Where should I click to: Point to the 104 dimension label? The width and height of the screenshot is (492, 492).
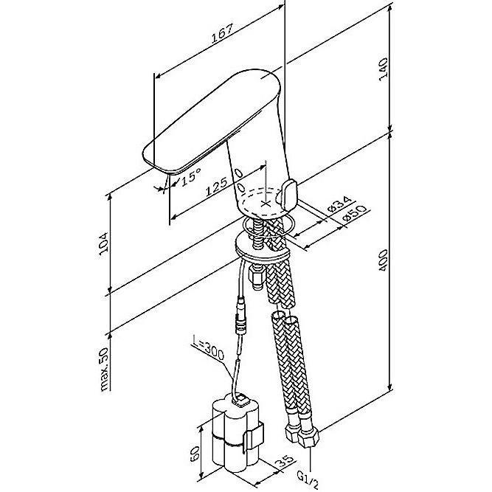tap(103, 244)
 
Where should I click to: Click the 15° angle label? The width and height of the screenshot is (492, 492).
tap(191, 176)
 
